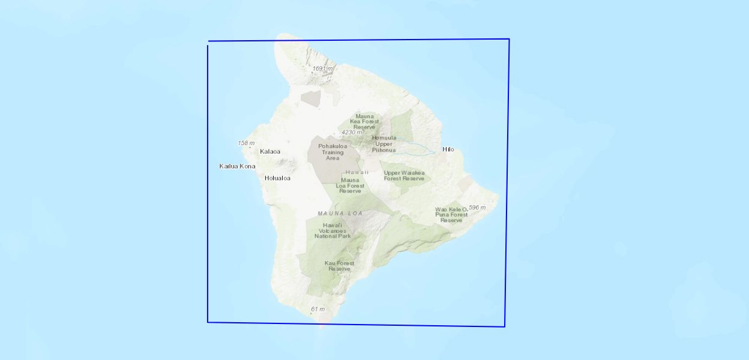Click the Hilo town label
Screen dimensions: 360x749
(448, 149)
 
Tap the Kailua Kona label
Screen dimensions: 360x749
(237, 166)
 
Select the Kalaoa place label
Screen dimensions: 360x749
(270, 151)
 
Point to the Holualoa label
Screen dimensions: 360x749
(277, 178)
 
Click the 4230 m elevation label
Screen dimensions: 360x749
(352, 132)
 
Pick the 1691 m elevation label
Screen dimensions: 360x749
(322, 68)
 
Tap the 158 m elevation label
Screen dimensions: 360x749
(246, 143)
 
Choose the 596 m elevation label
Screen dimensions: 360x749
(477, 208)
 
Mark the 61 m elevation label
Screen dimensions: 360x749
(317, 310)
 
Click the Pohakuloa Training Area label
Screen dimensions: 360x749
(332, 152)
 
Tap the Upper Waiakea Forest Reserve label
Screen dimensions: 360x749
(404, 175)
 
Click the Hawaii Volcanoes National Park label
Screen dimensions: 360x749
(332, 230)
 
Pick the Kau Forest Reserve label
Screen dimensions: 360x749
(339, 266)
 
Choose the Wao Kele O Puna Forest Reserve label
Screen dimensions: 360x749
(451, 215)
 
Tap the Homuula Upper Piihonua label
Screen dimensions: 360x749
(384, 143)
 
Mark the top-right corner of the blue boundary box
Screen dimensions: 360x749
(509, 40)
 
